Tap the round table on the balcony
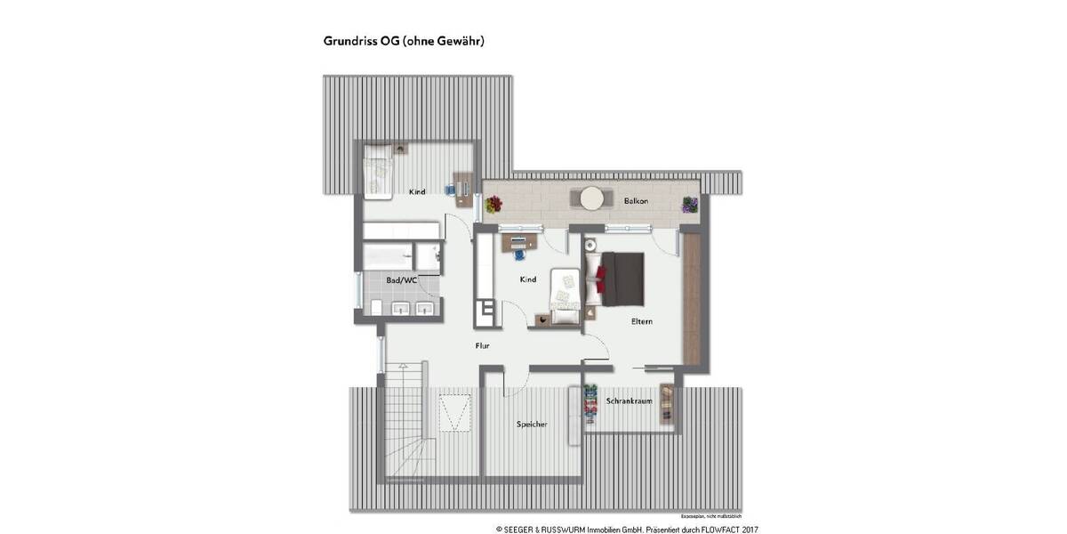(x=590, y=198)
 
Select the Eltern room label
(x=642, y=321)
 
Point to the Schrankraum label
(x=630, y=401)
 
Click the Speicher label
(x=532, y=425)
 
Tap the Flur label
(x=483, y=345)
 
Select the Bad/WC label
(x=401, y=280)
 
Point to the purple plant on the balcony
(x=689, y=205)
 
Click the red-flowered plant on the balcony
(x=493, y=205)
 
